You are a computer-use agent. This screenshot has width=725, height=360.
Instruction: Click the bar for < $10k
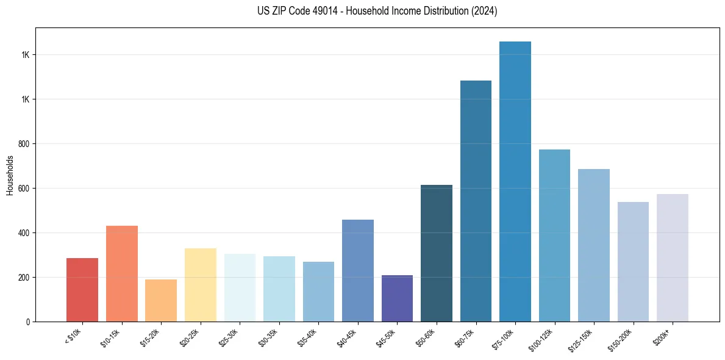(x=82, y=290)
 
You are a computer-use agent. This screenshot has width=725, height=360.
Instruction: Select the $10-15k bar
(x=122, y=274)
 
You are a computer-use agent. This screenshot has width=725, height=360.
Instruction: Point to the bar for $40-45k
(x=358, y=271)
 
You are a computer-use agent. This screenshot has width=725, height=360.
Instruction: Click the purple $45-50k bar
(x=397, y=298)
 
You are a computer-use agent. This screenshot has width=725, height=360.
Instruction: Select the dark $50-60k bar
(x=437, y=253)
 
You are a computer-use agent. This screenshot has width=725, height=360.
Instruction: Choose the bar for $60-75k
(x=476, y=201)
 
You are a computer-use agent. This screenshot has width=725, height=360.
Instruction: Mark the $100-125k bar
(x=554, y=236)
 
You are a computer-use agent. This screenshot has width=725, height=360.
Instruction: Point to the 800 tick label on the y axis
(x=24, y=144)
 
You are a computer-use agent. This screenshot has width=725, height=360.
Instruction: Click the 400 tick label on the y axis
(x=24, y=233)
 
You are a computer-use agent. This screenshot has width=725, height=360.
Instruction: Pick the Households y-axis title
(x=10, y=175)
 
